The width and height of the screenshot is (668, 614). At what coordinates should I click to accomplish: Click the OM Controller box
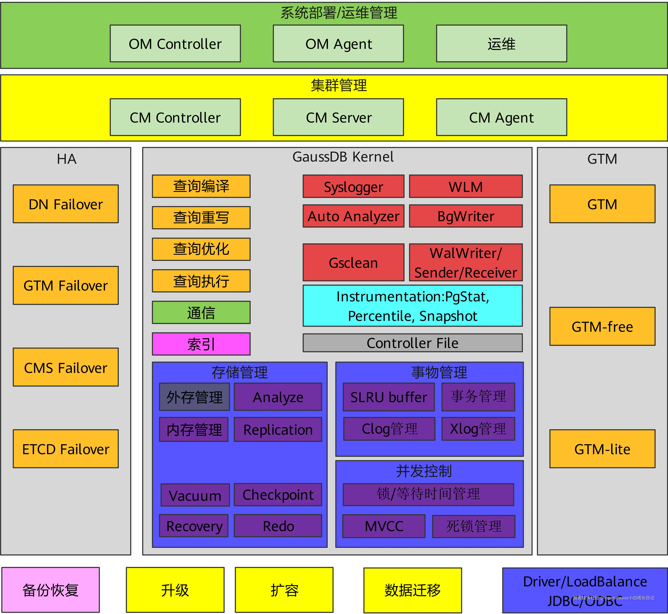pyautogui.click(x=175, y=44)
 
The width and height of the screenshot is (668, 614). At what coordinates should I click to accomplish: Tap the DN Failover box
pyautogui.click(x=66, y=204)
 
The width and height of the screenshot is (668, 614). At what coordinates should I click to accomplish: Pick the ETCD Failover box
pyautogui.click(x=66, y=449)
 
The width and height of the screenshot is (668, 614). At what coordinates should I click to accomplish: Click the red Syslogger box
pyautogui.click(x=353, y=186)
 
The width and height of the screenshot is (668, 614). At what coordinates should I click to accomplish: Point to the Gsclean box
pyautogui.click(x=353, y=263)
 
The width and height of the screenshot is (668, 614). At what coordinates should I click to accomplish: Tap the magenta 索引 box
pyautogui.click(x=201, y=344)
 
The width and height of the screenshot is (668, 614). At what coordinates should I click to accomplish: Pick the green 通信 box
pyautogui.click(x=201, y=312)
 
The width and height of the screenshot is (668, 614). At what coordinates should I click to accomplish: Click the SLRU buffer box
pyautogui.click(x=389, y=397)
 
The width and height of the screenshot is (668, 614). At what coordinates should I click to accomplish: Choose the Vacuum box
pyautogui.click(x=195, y=495)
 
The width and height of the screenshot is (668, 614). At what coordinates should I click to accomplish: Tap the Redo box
pyautogui.click(x=278, y=526)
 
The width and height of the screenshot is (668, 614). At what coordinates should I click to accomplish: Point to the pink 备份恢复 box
pyautogui.click(x=50, y=590)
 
